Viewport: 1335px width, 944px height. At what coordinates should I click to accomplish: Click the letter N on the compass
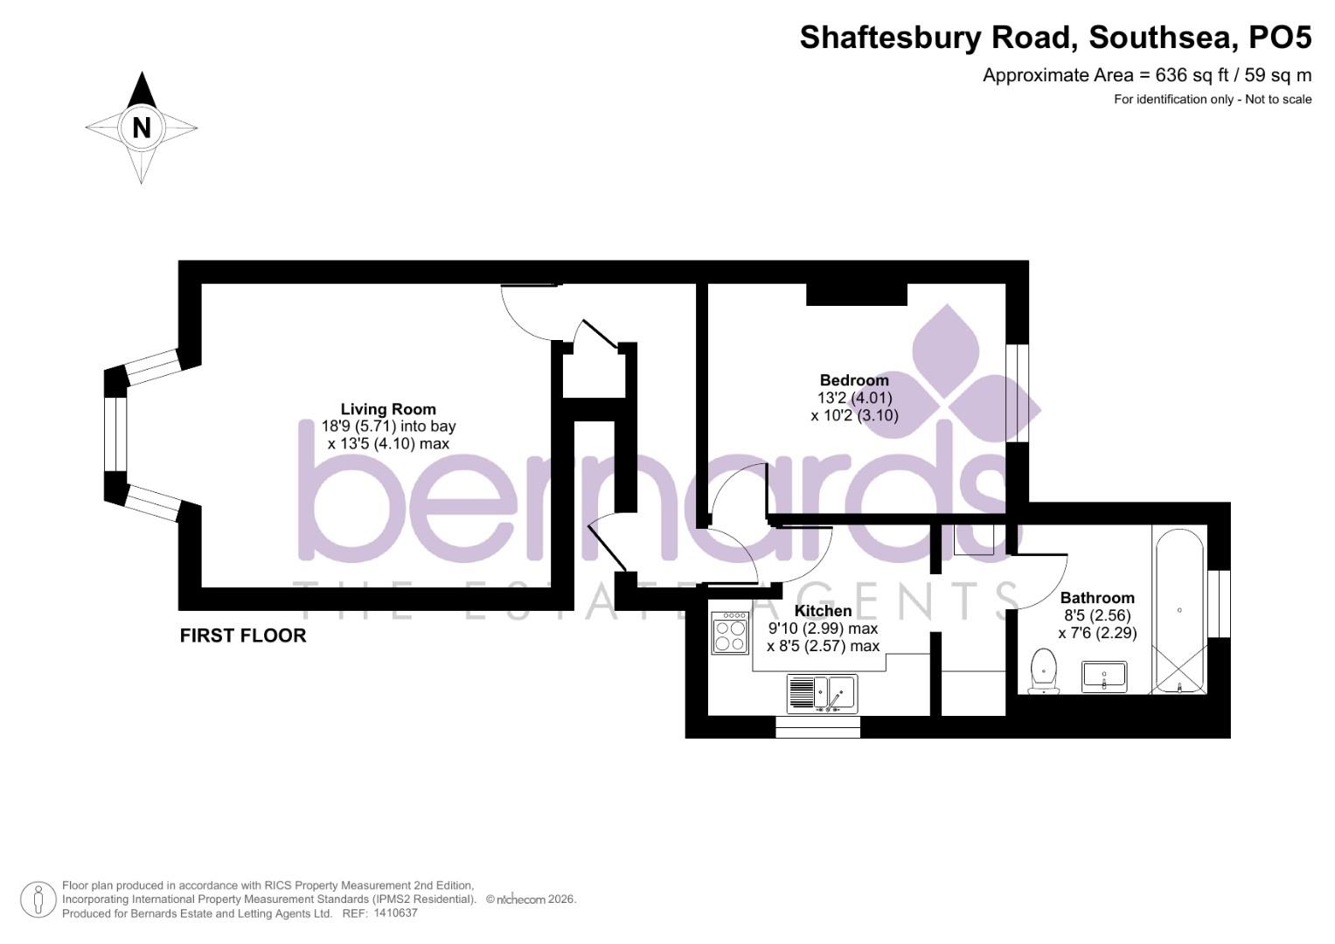(142, 128)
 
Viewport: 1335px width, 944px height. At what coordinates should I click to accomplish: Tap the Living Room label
(387, 409)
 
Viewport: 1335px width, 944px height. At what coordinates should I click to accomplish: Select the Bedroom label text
(854, 380)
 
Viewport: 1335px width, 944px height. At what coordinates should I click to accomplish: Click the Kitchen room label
(823, 611)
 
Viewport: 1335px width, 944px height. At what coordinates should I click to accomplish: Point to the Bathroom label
(1097, 598)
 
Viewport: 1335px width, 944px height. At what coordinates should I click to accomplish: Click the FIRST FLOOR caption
(243, 635)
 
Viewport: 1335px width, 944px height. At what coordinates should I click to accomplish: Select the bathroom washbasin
(1106, 676)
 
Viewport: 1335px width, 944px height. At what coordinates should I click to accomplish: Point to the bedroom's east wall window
(1017, 393)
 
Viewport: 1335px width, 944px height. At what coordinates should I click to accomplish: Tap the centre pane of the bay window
(115, 434)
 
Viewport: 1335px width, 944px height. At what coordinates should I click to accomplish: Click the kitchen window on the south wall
(817, 726)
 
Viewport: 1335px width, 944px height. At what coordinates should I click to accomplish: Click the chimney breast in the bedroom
(856, 294)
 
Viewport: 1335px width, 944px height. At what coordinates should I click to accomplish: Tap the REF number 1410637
(395, 913)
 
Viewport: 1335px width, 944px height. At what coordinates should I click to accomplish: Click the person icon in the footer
(38, 899)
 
